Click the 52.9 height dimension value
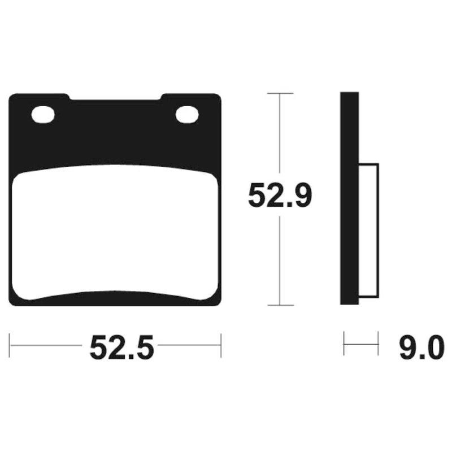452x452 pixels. click(280, 195)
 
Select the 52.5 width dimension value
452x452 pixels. click(121, 347)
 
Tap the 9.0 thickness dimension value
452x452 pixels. click(421, 347)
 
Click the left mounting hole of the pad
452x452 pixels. click(43, 115)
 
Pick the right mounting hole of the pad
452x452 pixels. click(187, 115)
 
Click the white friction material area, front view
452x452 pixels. click(115, 232)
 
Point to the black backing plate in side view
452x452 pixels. click(349, 198)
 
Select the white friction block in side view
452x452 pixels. click(368, 231)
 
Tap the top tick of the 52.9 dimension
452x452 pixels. click(280, 93)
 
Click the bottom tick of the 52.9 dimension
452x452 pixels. click(280, 305)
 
